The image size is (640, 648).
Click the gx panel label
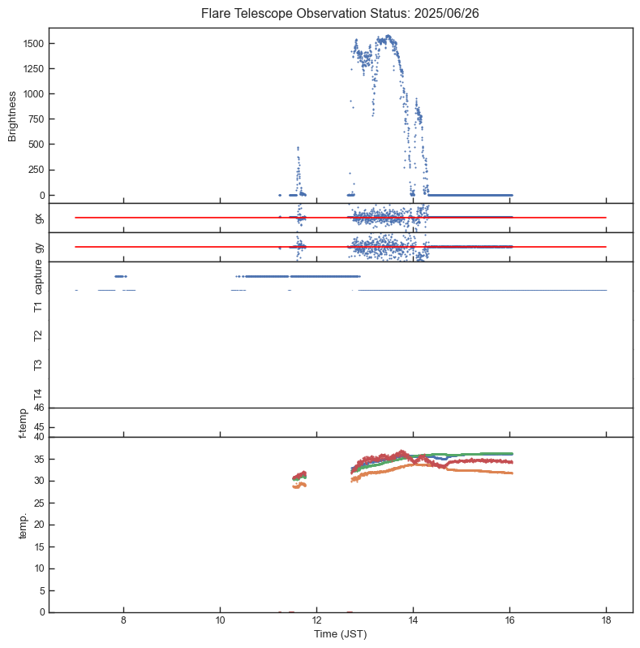(x=38, y=218)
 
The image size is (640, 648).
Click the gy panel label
(x=38, y=247)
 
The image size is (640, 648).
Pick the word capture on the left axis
(x=38, y=276)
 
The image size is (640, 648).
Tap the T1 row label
(x=38, y=306)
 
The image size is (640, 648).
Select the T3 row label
(x=38, y=365)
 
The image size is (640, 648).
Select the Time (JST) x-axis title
(x=340, y=634)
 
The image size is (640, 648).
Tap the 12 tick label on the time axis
(x=316, y=621)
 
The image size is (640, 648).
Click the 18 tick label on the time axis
(x=606, y=621)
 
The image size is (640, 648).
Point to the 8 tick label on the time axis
(x=123, y=621)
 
